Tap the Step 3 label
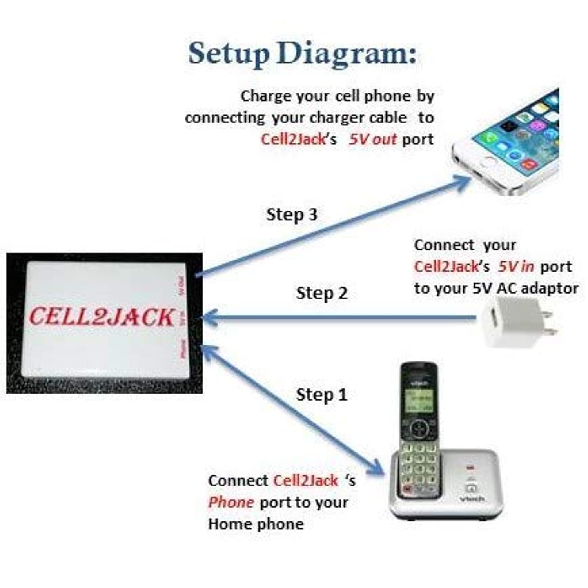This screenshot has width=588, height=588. point(292,214)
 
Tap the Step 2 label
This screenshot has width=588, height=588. point(322,293)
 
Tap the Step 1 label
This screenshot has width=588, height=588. point(322,394)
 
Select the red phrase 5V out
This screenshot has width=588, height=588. point(373,139)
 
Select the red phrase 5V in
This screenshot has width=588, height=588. point(516,267)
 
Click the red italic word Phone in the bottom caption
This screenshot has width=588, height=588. point(230,502)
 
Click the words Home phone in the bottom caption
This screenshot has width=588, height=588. point(256,524)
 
